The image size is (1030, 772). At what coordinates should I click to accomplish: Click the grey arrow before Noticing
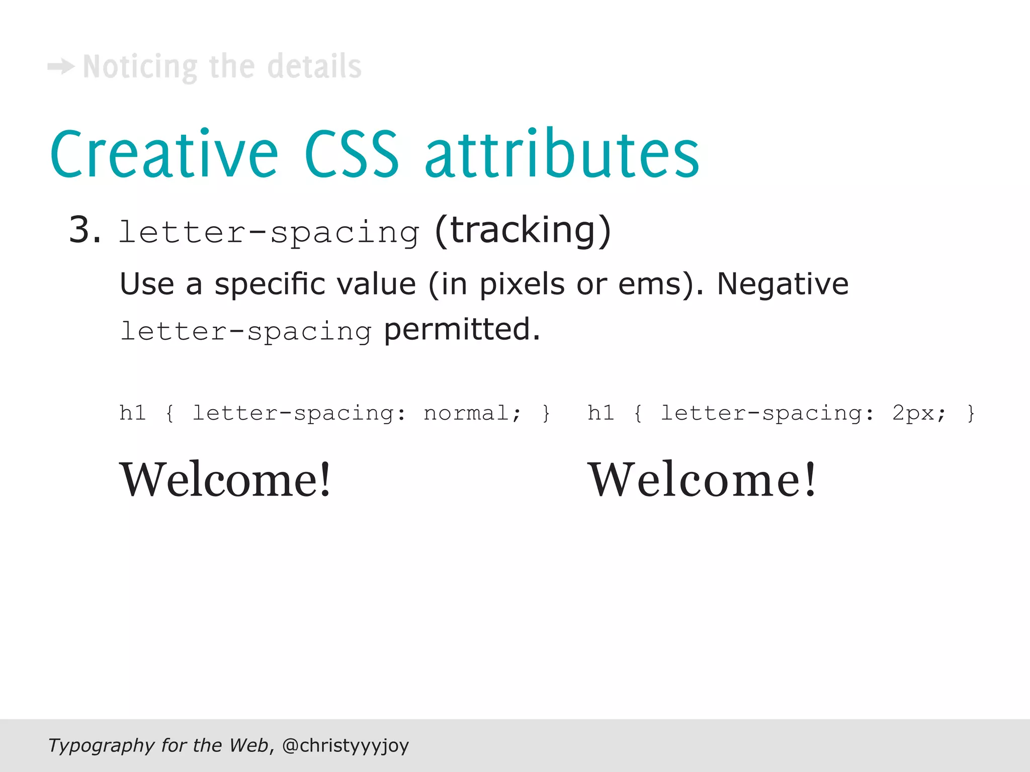(x=61, y=67)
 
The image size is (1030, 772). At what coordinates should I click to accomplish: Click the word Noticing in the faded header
(x=140, y=67)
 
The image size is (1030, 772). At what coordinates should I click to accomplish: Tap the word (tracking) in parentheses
(x=523, y=231)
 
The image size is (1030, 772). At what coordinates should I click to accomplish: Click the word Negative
(x=783, y=284)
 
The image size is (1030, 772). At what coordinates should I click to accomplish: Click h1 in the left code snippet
(x=133, y=413)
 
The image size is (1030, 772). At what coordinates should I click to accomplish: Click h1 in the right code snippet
(x=600, y=413)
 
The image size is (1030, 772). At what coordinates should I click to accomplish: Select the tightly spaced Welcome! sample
(x=225, y=480)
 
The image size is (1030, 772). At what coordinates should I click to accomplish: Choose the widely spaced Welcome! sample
(x=702, y=480)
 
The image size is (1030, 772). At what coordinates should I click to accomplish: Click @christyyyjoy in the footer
(x=346, y=745)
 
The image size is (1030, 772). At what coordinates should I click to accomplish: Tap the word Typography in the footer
(x=101, y=745)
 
